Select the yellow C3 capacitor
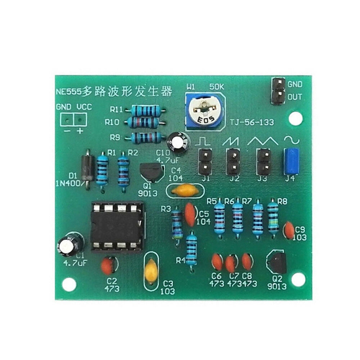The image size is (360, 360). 150,271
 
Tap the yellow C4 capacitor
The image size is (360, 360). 184,190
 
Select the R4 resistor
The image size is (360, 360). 192,248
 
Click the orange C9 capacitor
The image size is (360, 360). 289,230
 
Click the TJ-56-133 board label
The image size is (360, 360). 252,122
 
